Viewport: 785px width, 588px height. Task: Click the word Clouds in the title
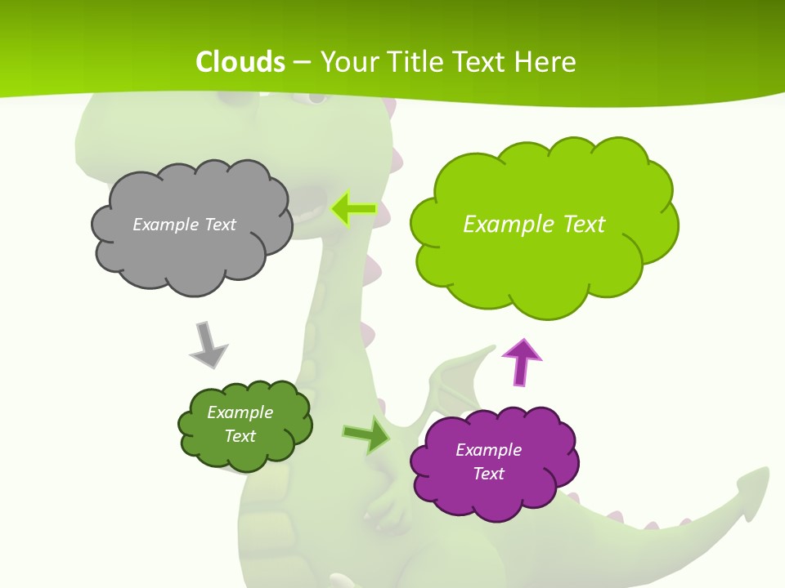240,62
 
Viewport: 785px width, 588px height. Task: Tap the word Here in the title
548,62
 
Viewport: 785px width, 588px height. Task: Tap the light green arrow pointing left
353,209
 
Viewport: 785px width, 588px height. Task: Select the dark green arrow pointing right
366,435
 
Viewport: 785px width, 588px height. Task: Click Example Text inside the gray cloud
184,225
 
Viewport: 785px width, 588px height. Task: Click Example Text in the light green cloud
534,225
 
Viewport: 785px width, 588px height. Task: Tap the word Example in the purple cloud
488,450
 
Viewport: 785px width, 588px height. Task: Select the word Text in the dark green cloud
240,436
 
